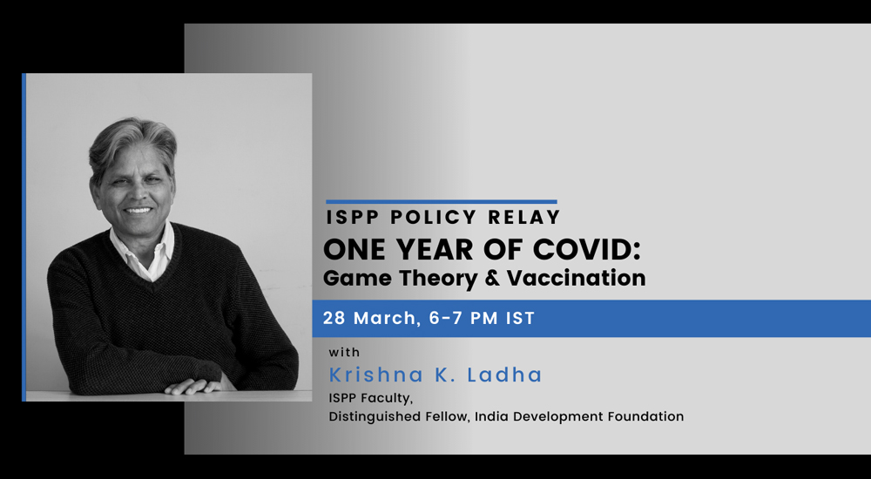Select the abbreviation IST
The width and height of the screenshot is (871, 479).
(520, 319)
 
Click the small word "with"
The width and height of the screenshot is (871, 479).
(344, 353)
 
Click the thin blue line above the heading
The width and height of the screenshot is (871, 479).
(442, 202)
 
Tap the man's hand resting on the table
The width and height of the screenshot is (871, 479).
(194, 386)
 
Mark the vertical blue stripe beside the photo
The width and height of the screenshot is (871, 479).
(24, 237)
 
